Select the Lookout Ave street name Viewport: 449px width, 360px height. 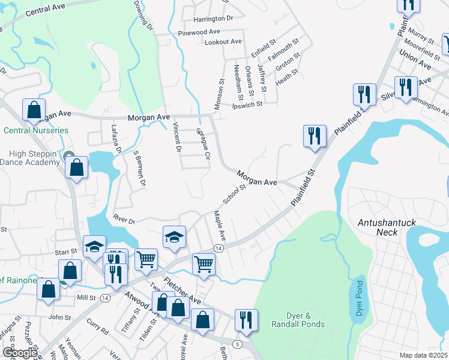click(223, 42)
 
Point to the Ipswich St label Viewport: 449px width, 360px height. click(247, 104)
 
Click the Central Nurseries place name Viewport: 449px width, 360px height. click(35, 130)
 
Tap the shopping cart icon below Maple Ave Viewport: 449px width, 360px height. click(204, 263)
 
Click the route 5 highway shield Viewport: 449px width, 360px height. click(238, 344)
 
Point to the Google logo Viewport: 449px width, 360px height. click(20, 353)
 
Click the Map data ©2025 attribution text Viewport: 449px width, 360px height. click(423, 355)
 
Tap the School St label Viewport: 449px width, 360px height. click(234, 194)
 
